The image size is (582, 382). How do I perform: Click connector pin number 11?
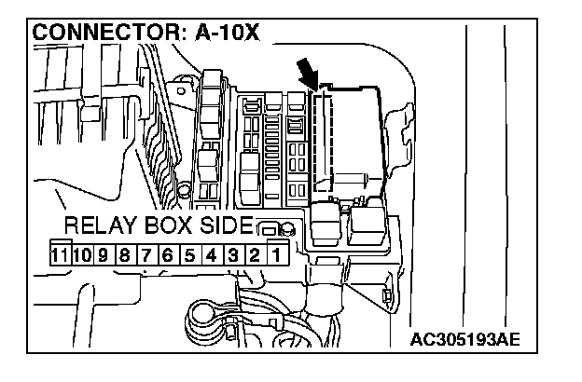point(59,253)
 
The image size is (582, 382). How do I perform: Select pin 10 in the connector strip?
point(81,253)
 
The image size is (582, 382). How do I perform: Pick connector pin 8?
point(124,253)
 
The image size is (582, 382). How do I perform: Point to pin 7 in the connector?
point(145,253)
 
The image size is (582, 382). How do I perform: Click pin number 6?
point(167,253)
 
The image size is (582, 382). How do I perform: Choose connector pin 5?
point(188,253)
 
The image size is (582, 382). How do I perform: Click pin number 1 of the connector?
point(276,252)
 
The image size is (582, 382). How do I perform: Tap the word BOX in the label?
point(171,226)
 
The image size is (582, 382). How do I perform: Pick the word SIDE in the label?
point(226,226)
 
